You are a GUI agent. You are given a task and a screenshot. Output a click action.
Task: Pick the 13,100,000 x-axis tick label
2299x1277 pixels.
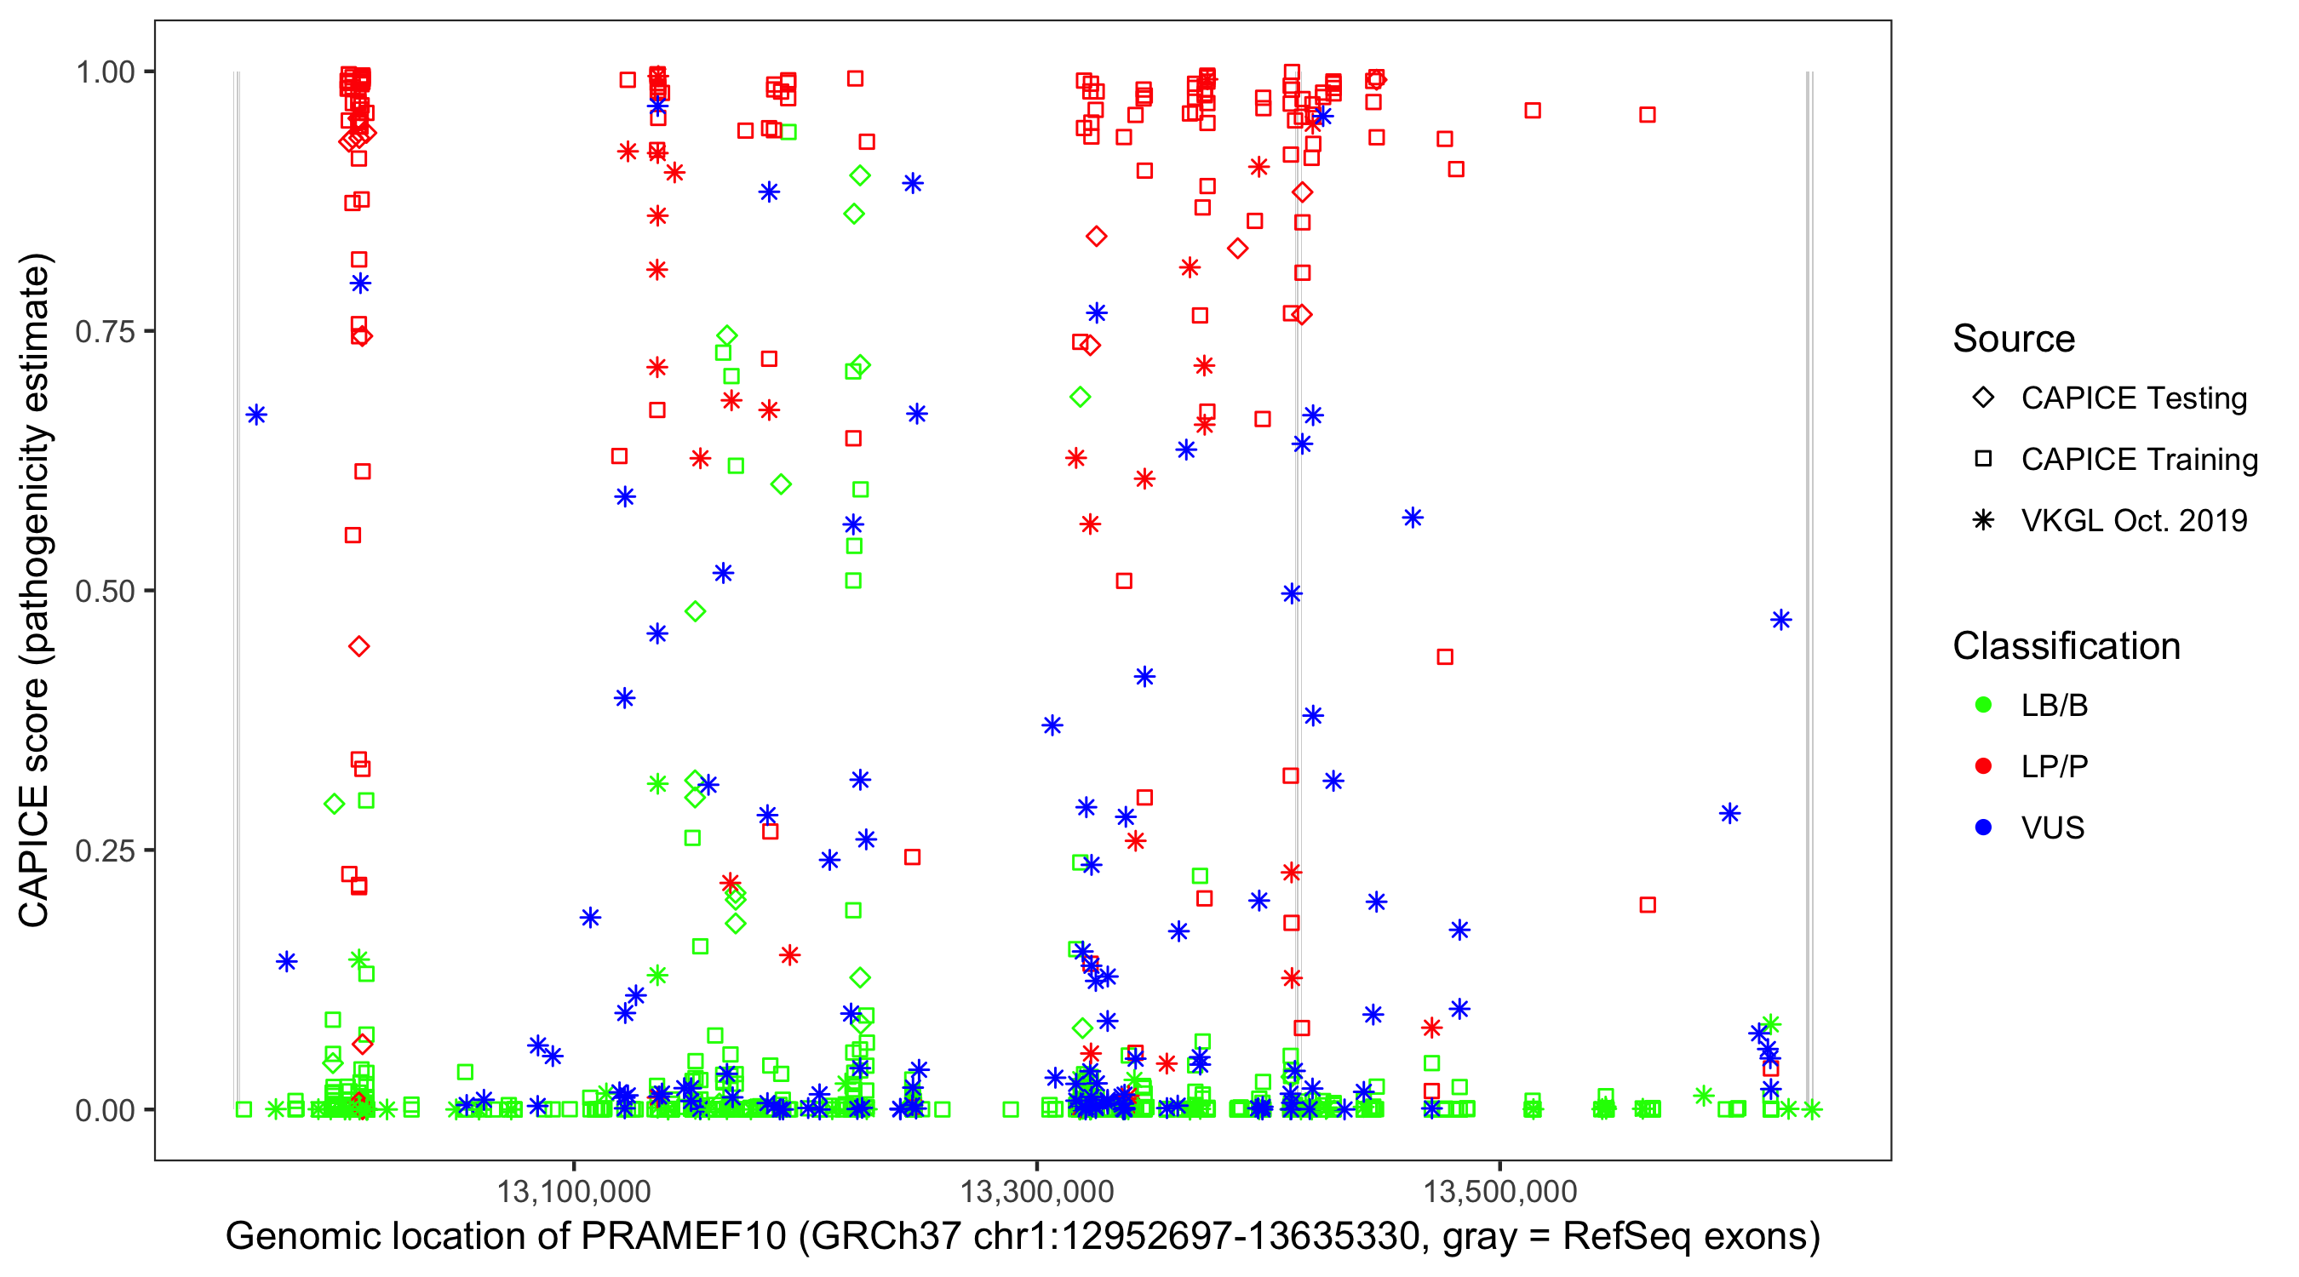click(x=574, y=1190)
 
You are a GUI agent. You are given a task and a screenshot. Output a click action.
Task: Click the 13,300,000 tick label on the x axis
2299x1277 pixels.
click(x=1036, y=1190)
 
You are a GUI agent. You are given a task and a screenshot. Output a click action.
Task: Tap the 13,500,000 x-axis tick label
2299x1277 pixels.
click(x=1499, y=1190)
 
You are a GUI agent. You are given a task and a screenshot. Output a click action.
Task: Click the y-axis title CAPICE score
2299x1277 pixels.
click(x=36, y=591)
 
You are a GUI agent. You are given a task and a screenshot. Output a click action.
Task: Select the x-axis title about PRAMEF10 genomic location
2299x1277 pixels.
click(x=1023, y=1236)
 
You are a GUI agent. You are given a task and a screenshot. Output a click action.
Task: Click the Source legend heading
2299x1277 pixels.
click(x=2014, y=339)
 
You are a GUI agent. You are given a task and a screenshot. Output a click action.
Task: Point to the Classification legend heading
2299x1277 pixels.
click(x=2066, y=646)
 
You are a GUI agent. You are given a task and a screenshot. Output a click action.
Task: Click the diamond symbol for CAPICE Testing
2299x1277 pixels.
click(x=1983, y=397)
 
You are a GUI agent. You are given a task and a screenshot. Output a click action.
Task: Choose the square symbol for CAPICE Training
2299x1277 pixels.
click(x=1983, y=459)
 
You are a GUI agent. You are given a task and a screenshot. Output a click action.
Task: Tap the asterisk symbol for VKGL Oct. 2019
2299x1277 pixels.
click(x=1983, y=520)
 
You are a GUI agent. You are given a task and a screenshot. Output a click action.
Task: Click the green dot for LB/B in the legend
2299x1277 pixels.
click(x=1983, y=705)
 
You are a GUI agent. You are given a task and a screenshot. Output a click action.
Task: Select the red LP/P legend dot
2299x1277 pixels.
click(x=1983, y=766)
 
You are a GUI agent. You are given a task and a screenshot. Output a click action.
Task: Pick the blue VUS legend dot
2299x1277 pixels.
click(x=1983, y=827)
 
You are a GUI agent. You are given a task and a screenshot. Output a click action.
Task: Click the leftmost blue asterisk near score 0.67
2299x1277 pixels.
click(x=256, y=415)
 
